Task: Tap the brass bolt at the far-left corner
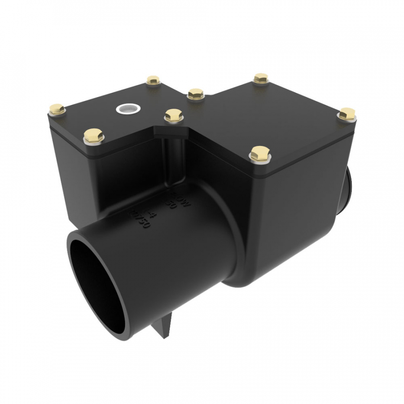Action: pos(57,109)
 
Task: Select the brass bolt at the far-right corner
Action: pos(347,114)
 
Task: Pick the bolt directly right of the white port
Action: pos(174,115)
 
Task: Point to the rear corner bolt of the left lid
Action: pos(153,81)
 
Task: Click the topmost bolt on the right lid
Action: pos(260,79)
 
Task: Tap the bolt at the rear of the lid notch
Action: pos(196,94)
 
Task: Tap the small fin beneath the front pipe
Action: pos(164,328)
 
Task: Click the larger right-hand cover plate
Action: pos(269,117)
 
